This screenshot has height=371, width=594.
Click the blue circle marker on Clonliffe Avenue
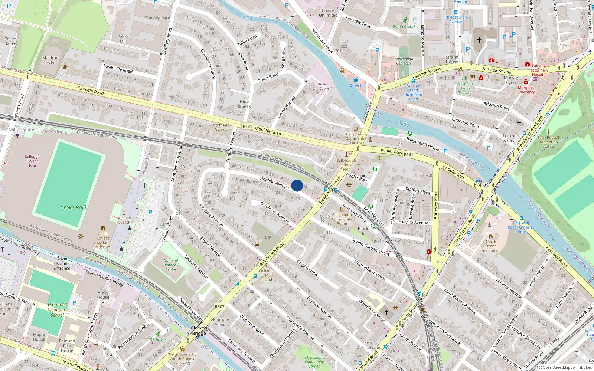pyautogui.click(x=297, y=185)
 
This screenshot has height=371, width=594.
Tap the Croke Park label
pyautogui.click(x=74, y=207)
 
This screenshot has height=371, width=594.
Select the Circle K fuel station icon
pyautogui.click(x=356, y=79)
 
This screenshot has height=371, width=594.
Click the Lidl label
pyautogui.click(x=268, y=237)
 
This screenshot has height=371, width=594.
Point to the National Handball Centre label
pyautogui.click(x=171, y=265)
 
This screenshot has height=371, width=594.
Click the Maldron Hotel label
pyautogui.click(x=50, y=60)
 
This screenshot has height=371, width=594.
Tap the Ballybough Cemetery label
pyautogui.click(x=404, y=61)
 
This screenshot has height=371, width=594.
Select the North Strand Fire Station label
pyautogui.click(x=491, y=246)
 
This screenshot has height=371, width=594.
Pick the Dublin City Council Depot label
pyautogui.click(x=322, y=88)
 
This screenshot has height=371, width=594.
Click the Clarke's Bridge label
pyautogui.click(x=199, y=330)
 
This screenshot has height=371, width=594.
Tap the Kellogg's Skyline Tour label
pyautogui.click(x=32, y=161)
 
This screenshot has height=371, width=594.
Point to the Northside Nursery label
pyautogui.click(x=221, y=127)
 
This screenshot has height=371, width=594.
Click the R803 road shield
pyautogui.click(x=220, y=307)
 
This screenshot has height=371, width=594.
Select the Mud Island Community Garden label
pyautogui.click(x=314, y=362)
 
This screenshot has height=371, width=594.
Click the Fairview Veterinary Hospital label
pyautogui.click(x=539, y=70)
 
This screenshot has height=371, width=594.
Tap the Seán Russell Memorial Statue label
pyautogui.click(x=548, y=142)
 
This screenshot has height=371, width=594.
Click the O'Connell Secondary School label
pyautogui.click(x=57, y=310)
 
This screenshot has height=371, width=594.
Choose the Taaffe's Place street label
pyautogui.click(x=417, y=191)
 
